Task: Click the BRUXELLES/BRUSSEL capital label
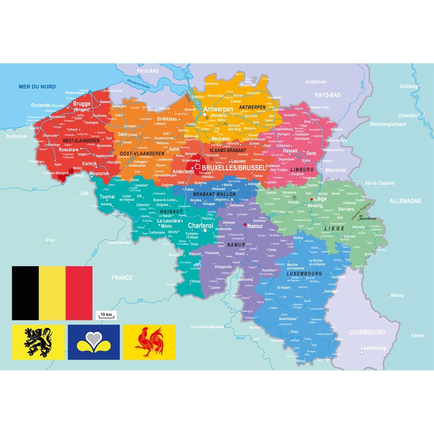[234, 168]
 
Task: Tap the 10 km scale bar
[106, 315]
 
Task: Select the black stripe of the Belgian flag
[25, 293]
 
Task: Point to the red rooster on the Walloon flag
[149, 342]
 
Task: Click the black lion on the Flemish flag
[38, 342]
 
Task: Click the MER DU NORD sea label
[37, 87]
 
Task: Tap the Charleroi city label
[200, 226]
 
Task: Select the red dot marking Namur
[245, 225]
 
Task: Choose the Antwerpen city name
[218, 109]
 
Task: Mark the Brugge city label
[82, 104]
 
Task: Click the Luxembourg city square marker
[362, 352]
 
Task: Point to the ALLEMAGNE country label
[405, 201]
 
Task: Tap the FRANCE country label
[122, 278]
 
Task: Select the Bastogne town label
[331, 291]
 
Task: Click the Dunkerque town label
[16, 136]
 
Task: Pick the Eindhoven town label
[316, 82]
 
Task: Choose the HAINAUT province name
[171, 212]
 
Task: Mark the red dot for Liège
[311, 199]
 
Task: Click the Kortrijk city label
[89, 164]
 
